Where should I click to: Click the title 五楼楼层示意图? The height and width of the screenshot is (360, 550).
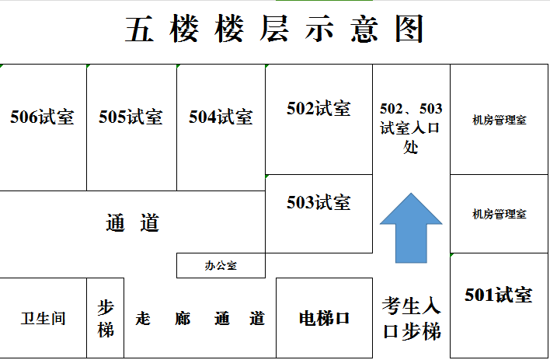[274, 29]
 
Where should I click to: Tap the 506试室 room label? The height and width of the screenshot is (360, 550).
[42, 117]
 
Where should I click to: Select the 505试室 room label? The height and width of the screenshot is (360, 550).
[131, 117]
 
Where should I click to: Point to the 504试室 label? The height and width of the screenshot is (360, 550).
[221, 117]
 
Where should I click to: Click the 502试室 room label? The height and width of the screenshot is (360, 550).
[319, 108]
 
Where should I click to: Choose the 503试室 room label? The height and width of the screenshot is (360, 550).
[319, 202]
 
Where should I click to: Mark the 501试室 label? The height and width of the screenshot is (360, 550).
[499, 295]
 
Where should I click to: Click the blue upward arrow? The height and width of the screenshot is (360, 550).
[411, 228]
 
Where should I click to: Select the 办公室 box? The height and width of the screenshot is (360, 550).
[221, 265]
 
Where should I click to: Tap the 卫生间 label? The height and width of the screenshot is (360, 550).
[44, 319]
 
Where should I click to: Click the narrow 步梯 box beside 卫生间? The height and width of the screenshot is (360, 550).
[105, 318]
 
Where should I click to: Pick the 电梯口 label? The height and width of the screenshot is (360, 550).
[324, 319]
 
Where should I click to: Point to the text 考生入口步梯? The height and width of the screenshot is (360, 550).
[411, 319]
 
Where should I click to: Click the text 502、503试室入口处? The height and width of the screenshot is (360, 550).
[411, 128]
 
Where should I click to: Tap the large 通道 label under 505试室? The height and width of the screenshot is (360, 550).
[133, 222]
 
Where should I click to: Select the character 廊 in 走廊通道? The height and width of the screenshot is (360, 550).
[183, 319]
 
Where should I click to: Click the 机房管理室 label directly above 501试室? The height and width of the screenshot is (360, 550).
[500, 214]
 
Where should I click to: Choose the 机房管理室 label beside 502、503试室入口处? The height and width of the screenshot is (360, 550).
[500, 120]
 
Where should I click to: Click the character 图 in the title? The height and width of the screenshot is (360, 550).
[409, 29]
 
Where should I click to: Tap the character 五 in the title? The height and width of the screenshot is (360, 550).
[139, 29]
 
